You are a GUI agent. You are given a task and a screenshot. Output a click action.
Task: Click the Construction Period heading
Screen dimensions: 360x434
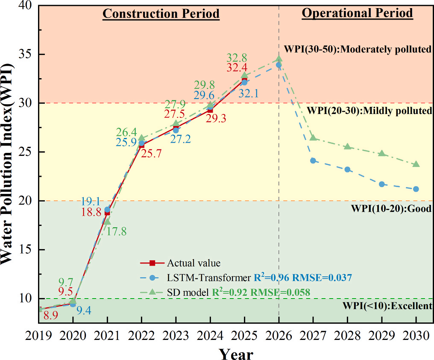161,14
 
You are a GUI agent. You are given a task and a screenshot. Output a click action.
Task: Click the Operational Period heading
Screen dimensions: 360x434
357,13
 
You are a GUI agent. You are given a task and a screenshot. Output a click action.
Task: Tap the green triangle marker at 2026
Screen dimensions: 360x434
279,59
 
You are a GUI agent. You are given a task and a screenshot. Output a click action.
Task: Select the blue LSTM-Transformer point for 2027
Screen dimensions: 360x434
313,161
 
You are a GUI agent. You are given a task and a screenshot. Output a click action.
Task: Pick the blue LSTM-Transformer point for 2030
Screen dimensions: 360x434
416,189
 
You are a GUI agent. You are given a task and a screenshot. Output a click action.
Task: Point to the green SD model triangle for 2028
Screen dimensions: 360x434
347,146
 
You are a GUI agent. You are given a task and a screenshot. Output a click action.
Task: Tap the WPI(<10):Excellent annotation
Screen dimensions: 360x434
387,305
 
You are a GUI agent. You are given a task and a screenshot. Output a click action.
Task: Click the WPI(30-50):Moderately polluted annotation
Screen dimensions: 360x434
357,49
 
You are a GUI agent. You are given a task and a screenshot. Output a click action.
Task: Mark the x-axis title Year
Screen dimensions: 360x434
236,354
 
